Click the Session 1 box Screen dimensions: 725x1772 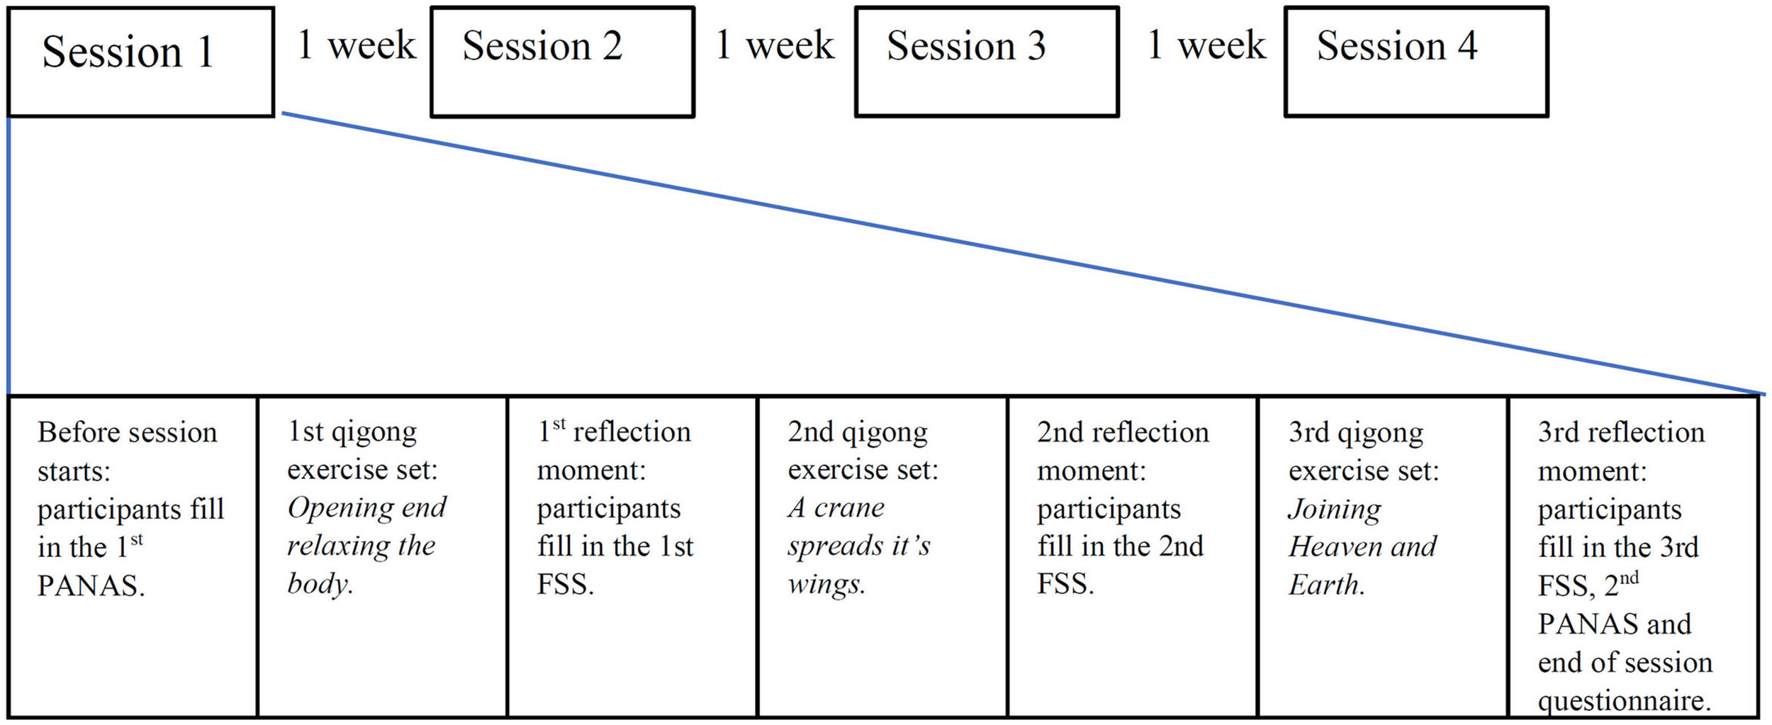(x=140, y=62)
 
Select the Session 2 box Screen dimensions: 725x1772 (x=562, y=62)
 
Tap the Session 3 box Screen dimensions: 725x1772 (x=986, y=62)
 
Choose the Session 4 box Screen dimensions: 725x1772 (x=1415, y=62)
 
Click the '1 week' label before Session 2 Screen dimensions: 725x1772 (x=356, y=45)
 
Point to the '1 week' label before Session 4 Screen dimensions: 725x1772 (x=1206, y=45)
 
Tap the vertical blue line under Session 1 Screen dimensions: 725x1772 (x=9, y=255)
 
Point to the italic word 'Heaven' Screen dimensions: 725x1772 (x=1326, y=546)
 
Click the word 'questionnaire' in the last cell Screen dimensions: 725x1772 (x=1623, y=701)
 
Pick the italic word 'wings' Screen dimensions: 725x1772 (x=825, y=585)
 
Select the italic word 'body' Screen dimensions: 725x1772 (x=319, y=585)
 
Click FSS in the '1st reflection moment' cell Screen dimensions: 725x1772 (x=564, y=585)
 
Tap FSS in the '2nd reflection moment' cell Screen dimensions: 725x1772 (x=1065, y=585)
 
